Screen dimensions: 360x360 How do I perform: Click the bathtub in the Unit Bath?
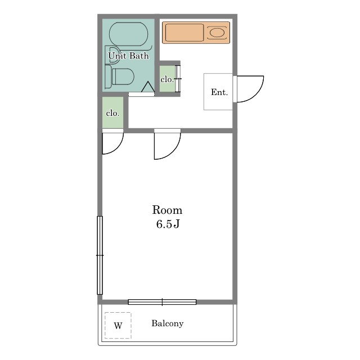coord(129,34)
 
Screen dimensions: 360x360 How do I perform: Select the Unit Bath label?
coord(128,56)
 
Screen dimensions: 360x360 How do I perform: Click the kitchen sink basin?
coord(217,33)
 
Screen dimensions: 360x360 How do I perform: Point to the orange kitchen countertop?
coord(196,33)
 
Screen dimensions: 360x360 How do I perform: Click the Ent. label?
coord(219,92)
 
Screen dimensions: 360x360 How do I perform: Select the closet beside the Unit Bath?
coord(168,79)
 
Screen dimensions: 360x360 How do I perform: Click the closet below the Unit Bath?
coord(112,112)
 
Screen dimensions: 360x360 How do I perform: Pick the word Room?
coord(167,210)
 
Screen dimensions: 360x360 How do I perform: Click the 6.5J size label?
coord(168,224)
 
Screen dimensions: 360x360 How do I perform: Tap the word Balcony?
coord(168,323)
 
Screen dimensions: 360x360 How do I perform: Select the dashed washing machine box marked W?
coord(118,325)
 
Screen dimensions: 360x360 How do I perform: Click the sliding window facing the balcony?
coord(162,302)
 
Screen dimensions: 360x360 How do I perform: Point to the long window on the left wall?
coord(100,255)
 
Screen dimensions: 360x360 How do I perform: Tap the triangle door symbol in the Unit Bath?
coord(148,87)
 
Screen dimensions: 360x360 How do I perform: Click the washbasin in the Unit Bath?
coord(114,55)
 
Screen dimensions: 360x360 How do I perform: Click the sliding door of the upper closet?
coord(178,79)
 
